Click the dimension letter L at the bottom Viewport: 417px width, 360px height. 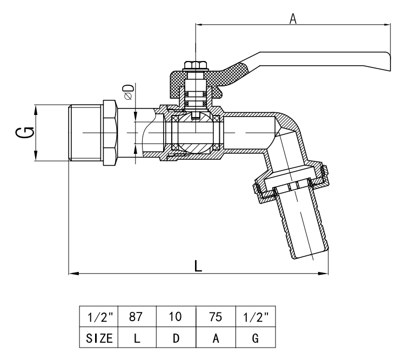[x=198, y=266]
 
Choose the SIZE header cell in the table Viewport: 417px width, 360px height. [x=98, y=338]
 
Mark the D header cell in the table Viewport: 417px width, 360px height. [x=176, y=338]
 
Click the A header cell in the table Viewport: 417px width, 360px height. [x=216, y=338]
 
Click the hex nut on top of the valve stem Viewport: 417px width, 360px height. [x=196, y=66]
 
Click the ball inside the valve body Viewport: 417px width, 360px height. [x=196, y=133]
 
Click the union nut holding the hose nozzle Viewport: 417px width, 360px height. [x=289, y=181]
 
